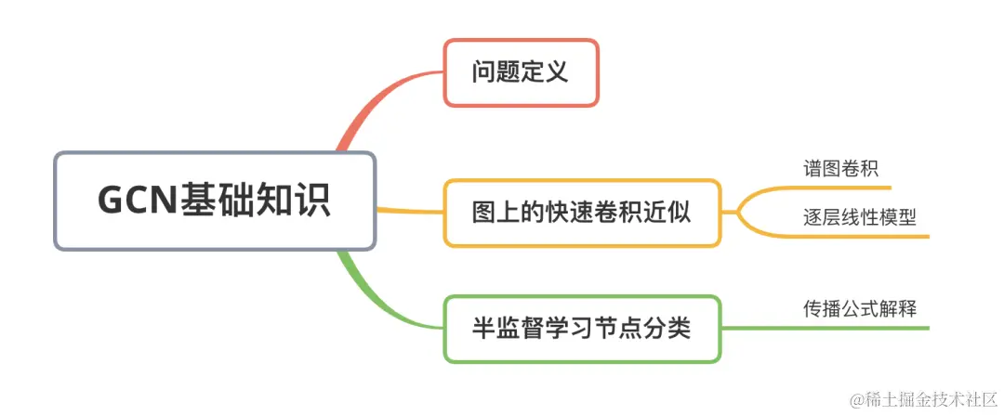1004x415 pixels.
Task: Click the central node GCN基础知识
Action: pos(215,201)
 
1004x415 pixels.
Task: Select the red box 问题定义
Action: pos(521,72)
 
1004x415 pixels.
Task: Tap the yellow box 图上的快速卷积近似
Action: pos(582,213)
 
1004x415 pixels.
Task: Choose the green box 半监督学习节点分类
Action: pos(582,329)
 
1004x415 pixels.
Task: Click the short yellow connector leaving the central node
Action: pos(409,211)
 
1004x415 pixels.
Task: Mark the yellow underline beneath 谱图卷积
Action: pos(837,188)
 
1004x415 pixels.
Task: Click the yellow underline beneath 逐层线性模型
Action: pos(855,237)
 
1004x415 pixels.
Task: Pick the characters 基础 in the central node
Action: pos(208,201)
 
